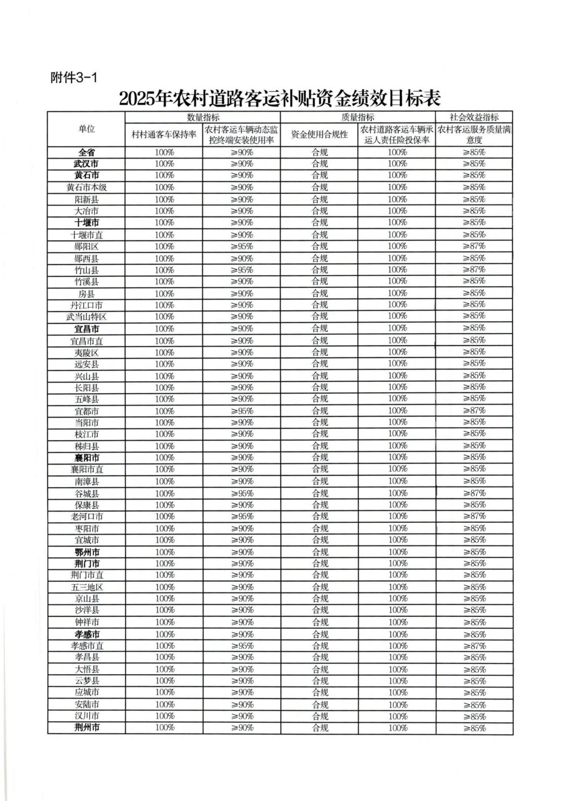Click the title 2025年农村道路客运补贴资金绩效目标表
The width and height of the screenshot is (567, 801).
point(280,99)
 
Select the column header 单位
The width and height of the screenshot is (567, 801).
point(86,129)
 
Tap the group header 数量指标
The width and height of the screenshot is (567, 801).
point(203,117)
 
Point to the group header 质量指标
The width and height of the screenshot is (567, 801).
point(358,117)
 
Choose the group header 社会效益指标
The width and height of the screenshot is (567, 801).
point(474,117)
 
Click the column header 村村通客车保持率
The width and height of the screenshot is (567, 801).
point(164,135)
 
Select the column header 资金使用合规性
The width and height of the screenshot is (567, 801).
point(319,135)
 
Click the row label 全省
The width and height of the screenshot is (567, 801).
point(86,152)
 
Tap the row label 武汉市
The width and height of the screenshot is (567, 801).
point(86,164)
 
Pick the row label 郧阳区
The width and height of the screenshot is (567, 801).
point(86,246)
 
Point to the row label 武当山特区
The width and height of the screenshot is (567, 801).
point(86,317)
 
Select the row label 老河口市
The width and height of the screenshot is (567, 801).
point(86,517)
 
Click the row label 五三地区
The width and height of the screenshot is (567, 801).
point(86,587)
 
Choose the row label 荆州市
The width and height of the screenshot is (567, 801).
point(86,728)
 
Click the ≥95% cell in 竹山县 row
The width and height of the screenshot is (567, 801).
point(242,270)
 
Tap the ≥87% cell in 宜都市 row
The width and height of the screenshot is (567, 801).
point(474,411)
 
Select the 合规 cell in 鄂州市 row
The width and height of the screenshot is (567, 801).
point(320,552)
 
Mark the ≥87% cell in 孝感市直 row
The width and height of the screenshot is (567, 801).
point(474,646)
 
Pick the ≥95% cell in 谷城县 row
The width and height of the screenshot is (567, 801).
point(242,493)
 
